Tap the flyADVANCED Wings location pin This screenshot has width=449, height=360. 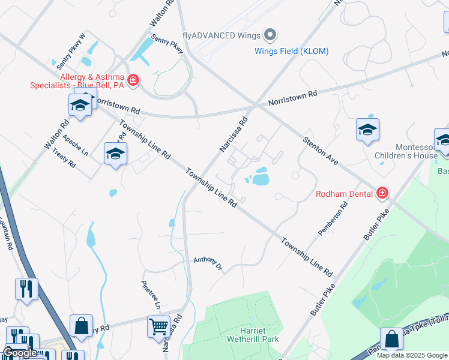(x=270, y=35)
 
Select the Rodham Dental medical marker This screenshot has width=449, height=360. (x=382, y=193)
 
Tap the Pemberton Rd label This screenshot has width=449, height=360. (x=333, y=220)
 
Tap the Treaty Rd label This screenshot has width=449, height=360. (x=64, y=158)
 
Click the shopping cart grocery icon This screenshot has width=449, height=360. (x=158, y=327)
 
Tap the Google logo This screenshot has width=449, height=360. (x=20, y=353)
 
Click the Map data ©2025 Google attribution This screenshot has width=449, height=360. (x=412, y=355)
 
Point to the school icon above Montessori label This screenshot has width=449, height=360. (x=367, y=130)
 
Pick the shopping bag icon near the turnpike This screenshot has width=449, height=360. (x=391, y=339)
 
